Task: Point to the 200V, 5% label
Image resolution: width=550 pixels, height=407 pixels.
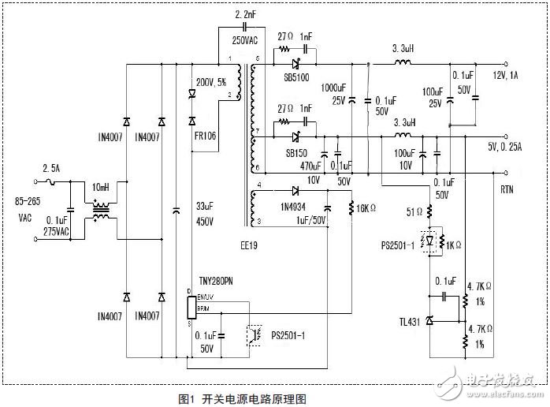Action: pos(211,82)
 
